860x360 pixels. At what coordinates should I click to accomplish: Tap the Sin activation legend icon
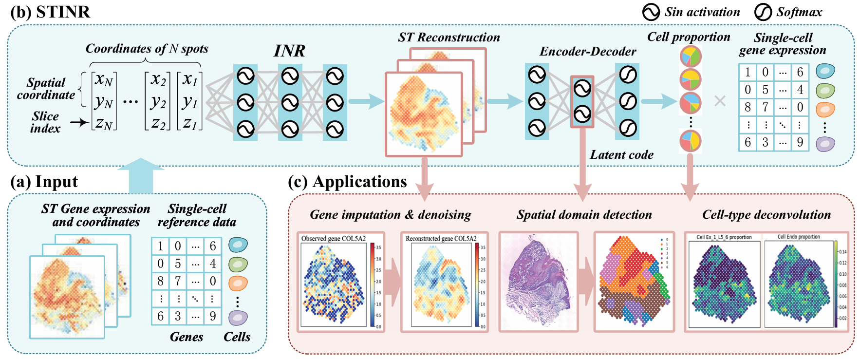point(651,12)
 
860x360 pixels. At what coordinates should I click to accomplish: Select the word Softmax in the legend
point(799,12)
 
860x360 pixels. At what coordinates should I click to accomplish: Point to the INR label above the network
point(289,51)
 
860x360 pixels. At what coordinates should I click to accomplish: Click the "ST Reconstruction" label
point(449,38)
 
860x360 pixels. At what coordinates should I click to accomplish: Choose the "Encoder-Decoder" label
point(588,52)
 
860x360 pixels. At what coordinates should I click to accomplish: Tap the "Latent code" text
point(621,155)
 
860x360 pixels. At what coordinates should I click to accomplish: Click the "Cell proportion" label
point(688,37)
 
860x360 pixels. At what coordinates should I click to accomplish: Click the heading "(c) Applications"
point(347,182)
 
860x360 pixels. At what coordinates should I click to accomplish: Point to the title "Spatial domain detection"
point(584,215)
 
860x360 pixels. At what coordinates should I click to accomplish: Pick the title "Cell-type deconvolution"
point(766,215)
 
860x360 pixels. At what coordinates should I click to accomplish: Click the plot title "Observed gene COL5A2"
point(333,239)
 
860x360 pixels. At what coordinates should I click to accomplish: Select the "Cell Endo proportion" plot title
point(798,237)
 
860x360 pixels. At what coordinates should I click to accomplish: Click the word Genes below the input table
point(186,337)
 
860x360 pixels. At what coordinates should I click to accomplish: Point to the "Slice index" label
point(45,122)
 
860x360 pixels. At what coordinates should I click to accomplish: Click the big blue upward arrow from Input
point(141,176)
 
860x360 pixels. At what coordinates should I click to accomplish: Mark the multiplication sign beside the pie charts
point(719,101)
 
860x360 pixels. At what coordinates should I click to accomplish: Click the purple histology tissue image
point(538,282)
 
